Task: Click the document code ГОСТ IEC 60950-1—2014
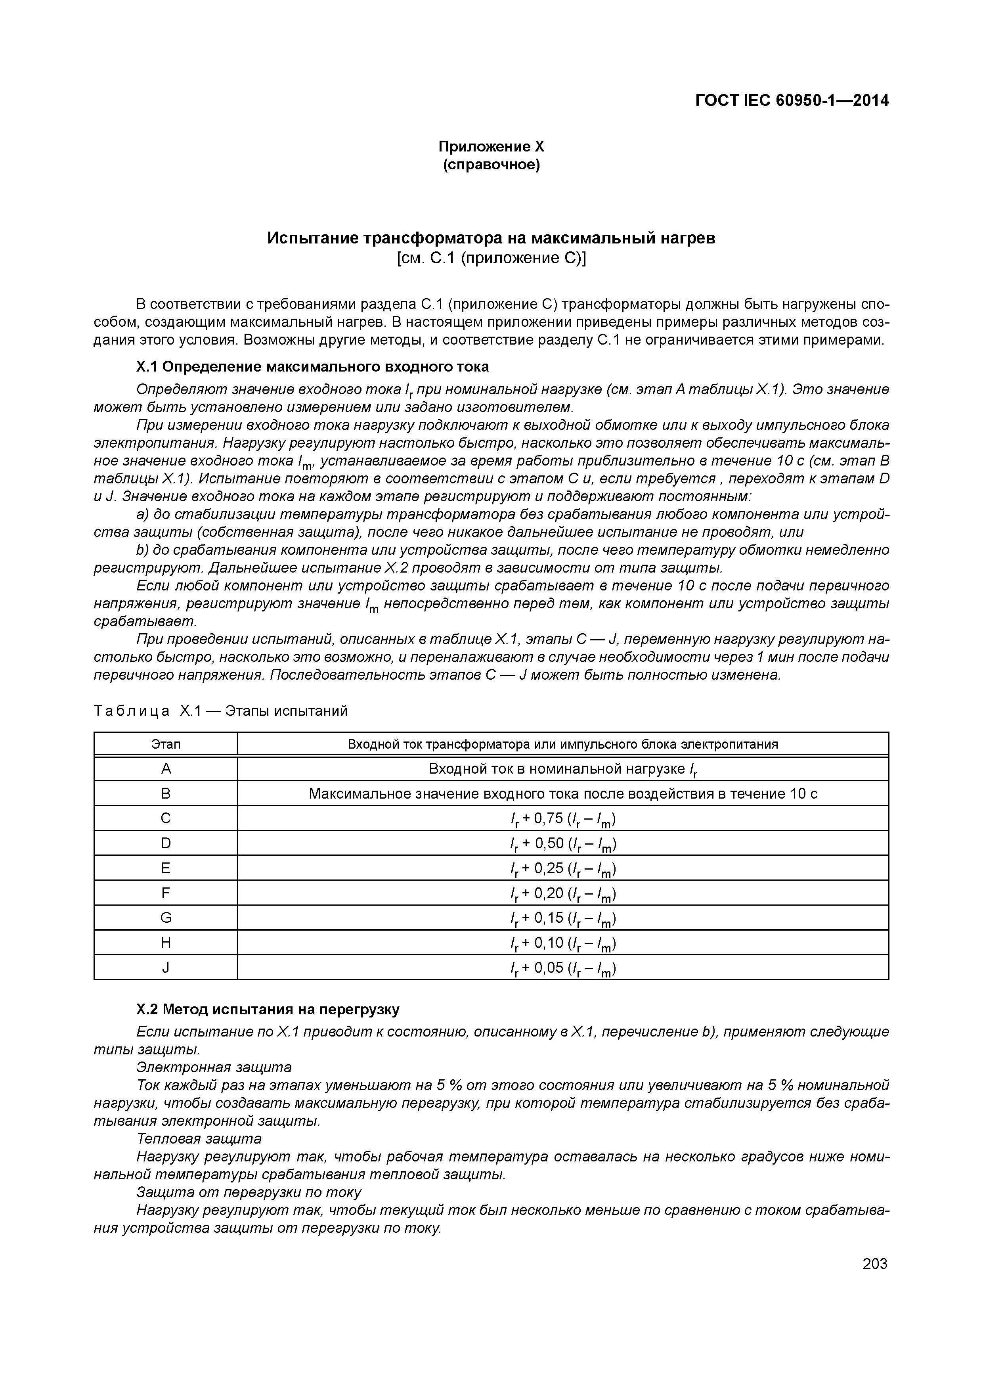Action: coord(792,101)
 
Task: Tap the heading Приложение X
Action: coord(491,147)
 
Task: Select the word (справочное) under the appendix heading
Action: coord(491,165)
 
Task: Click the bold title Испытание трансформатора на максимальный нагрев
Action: coord(491,238)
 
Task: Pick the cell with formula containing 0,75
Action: coord(563,819)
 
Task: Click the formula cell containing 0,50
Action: coord(563,844)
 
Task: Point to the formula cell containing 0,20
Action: coord(563,894)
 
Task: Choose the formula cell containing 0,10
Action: coord(563,943)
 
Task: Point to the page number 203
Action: coord(874,1264)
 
